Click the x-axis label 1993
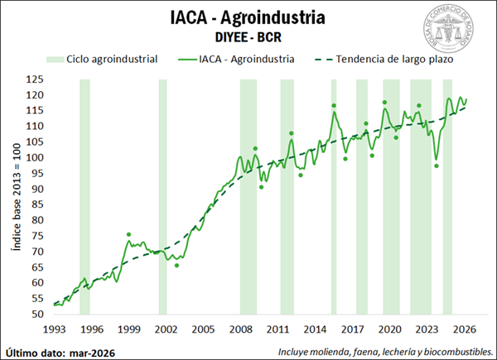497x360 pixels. [55, 329]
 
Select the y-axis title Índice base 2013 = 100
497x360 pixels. [14, 196]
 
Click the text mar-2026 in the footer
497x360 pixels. [93, 352]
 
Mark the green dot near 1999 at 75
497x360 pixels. [129, 235]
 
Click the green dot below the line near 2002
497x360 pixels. [176, 265]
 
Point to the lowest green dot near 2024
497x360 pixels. [437, 166]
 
